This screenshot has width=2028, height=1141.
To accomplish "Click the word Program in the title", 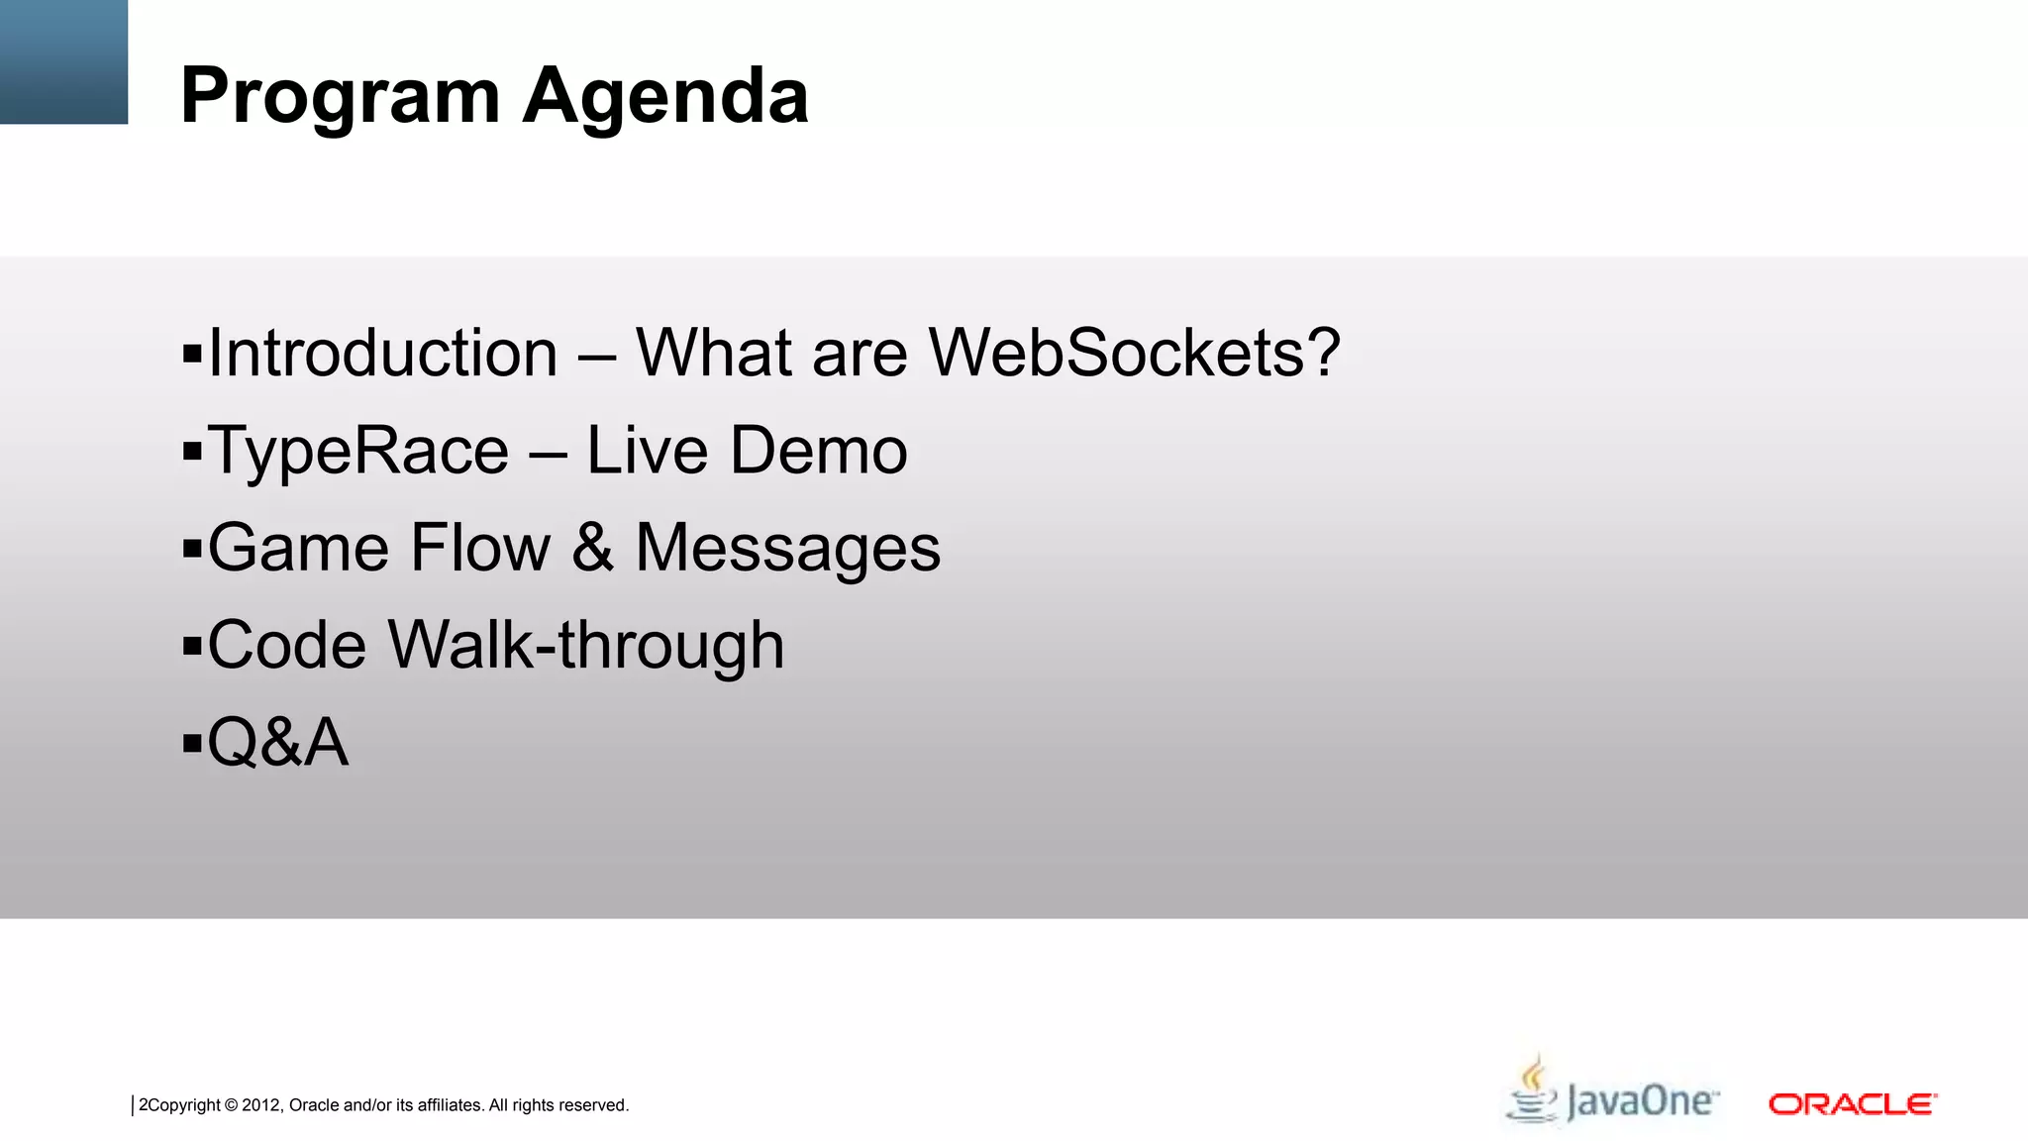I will coord(340,97).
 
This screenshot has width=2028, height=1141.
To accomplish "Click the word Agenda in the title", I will coord(665,97).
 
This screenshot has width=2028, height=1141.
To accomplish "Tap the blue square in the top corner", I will coord(63,61).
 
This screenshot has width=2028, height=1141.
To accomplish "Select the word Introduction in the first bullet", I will coord(383,353).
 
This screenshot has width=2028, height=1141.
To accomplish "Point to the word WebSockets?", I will coord(1135,353).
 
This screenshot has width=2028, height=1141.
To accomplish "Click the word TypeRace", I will coord(358,451).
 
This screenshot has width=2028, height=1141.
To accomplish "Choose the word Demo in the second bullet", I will coord(819,451).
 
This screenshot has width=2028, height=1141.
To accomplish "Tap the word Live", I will coord(648,451).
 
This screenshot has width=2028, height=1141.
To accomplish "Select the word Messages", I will coord(787,548).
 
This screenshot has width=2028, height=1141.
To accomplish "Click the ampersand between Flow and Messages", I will coord(592,548).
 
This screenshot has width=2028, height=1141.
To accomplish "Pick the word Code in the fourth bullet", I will coord(287,645).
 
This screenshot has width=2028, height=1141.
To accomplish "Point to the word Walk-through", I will coord(586,645).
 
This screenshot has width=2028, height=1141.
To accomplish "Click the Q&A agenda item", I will coord(278,742).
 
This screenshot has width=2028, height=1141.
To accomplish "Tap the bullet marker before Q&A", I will coord(192,743).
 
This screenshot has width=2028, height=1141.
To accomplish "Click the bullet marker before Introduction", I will coord(192,354).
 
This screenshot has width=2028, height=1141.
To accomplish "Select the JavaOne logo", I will coord(1612,1095).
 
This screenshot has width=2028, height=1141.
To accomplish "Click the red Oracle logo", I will coord(1852,1103).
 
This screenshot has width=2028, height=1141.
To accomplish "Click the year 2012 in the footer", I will coord(261,1105).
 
